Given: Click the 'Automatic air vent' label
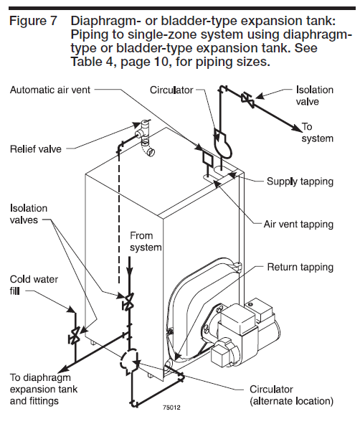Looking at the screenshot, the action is pos(50,90).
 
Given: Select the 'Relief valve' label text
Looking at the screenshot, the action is pos(36,149).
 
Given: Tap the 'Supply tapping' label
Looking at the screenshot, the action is pos(300,181).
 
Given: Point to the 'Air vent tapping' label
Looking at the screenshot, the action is pos(298,225).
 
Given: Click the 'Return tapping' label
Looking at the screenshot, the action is pos(300,267).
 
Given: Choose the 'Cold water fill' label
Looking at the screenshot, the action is pos(34,285).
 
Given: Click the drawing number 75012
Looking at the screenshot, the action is pos(171,407).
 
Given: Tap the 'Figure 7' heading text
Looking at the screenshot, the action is pos(34,21).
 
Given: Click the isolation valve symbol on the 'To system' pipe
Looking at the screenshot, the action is pos(248,100).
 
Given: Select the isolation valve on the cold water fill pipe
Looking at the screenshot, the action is pos(74,335).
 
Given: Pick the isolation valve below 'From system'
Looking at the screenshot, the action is pos(128,301).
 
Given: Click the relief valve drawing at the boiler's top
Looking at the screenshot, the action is pos(145,138).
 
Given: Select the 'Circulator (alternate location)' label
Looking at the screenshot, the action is pos(291,395).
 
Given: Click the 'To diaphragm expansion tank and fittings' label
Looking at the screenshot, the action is pos(44,390).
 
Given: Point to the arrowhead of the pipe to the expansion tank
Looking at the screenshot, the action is pos(65,369).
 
